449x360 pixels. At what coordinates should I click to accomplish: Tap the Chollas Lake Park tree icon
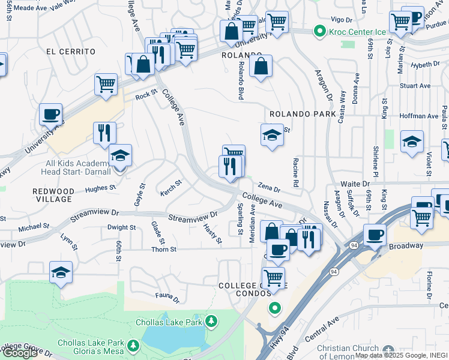pos(211,322)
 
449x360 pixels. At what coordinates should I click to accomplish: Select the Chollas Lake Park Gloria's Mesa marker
pos(133,346)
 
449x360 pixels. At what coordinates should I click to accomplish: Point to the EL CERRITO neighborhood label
pos(71,52)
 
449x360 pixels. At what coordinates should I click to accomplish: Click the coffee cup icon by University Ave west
pos(50,113)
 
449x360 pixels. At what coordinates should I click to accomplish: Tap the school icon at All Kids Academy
pos(120,156)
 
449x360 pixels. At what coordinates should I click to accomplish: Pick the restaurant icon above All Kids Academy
pos(104,132)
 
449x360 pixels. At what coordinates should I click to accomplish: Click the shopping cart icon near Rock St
pos(106,84)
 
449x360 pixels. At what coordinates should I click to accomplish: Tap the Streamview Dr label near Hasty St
pos(192,217)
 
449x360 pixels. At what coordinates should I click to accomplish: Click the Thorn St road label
pos(164,250)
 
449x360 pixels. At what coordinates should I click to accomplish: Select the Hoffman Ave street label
pos(419,116)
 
